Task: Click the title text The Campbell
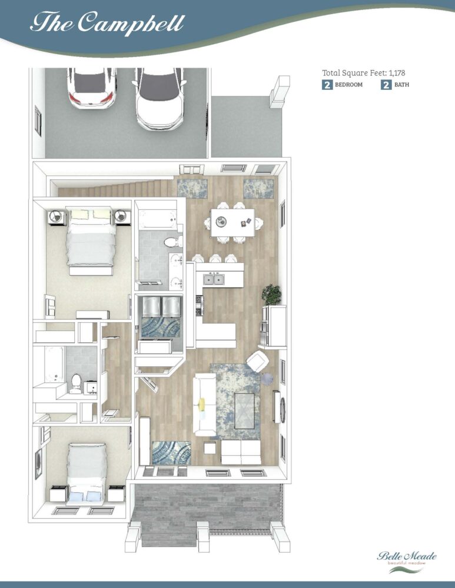107,23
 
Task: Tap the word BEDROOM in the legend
349,85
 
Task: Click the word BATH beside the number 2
401,85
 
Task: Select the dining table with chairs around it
233,223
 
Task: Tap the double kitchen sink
214,279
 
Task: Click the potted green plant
271,295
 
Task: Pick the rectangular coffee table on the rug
244,410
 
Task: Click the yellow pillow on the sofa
201,403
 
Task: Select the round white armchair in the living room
258,361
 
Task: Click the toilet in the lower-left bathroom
76,383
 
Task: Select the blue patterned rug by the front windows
171,453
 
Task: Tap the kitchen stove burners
200,305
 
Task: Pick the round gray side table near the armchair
267,379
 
